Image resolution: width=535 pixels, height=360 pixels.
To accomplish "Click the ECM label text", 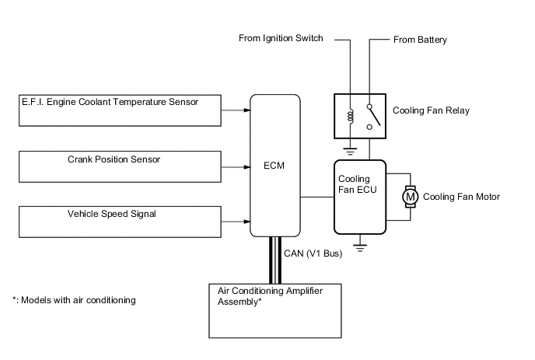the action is (274, 166).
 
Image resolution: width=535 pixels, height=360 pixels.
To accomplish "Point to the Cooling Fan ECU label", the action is (357, 184).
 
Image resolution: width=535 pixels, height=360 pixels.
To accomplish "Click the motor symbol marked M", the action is (410, 197).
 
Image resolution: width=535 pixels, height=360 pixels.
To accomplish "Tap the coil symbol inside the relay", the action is (351, 115).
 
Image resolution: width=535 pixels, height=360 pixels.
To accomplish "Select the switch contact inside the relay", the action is (373, 117).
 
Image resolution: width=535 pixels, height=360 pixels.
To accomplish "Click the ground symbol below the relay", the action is (350, 151).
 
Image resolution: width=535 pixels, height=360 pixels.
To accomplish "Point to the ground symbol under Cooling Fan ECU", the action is (360, 248).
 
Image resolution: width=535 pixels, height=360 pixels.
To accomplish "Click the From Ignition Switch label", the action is (281, 38).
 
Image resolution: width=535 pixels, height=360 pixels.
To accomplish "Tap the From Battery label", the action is (420, 40).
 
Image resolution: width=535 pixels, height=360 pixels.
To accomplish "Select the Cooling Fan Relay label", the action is (431, 110).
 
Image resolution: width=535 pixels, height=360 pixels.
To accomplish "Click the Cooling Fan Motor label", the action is (461, 197).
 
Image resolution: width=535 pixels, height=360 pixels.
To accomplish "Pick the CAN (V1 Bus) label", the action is (313, 253).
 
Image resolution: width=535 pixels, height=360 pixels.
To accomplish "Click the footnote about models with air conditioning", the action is (74, 300).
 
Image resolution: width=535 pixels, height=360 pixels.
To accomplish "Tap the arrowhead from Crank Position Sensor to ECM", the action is (247, 167).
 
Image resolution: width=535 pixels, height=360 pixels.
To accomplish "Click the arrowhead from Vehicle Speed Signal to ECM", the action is (247, 222).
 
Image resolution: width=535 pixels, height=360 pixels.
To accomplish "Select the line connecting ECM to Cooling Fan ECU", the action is (317, 197).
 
